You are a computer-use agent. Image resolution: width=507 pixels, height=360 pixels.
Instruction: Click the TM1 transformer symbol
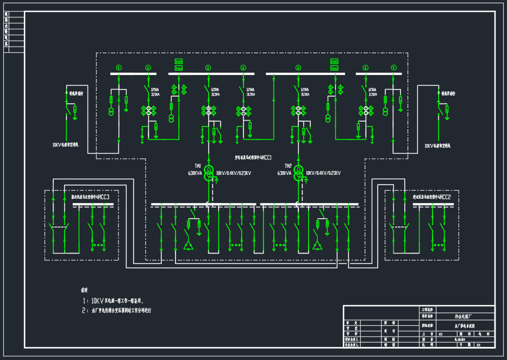(x=208, y=170)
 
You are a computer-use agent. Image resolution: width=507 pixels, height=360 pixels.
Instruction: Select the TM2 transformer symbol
(x=298, y=170)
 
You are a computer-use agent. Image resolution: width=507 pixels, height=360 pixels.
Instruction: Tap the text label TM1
(x=198, y=166)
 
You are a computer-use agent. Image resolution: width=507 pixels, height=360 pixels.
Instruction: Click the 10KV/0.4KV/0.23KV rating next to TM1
(x=234, y=173)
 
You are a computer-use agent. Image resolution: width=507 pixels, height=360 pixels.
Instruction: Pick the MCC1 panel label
(x=253, y=157)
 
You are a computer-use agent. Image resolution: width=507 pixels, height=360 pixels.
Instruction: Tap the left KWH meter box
(x=178, y=62)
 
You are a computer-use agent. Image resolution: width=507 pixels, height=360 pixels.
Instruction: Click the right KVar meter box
(x=334, y=68)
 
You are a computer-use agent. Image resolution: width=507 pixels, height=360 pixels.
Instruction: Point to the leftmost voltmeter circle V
(x=119, y=67)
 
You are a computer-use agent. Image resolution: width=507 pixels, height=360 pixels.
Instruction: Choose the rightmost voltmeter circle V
(x=394, y=67)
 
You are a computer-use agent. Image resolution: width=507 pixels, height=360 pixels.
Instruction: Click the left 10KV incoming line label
(x=65, y=146)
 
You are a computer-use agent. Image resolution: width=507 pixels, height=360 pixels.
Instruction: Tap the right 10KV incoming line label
(x=437, y=146)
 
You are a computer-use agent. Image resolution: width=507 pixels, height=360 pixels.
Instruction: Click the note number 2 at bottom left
(x=84, y=311)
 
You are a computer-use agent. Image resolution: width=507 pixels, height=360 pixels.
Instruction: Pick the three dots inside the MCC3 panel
(x=98, y=245)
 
